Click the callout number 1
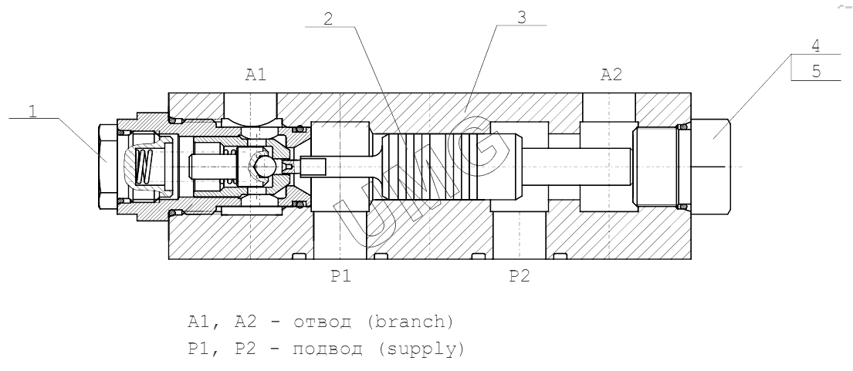(x=33, y=110)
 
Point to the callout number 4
(x=816, y=47)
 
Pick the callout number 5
(x=816, y=71)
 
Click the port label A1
(x=256, y=75)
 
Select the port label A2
(x=611, y=75)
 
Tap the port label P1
(x=341, y=275)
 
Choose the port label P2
(x=520, y=275)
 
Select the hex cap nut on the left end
(x=107, y=167)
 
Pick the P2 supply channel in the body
(x=519, y=231)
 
